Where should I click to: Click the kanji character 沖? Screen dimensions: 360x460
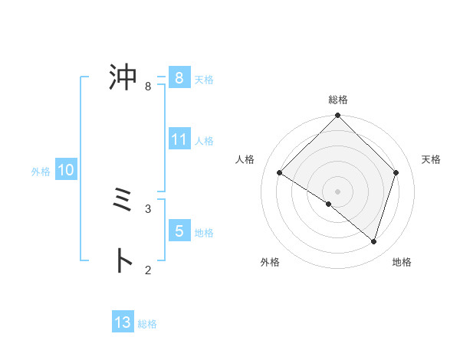coord(123,77)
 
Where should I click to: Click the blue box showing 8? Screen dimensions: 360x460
coord(179,78)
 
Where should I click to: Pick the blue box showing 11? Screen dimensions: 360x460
coord(179,139)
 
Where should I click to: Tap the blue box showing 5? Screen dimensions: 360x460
coord(179,231)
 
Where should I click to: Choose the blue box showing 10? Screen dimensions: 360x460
coord(65,171)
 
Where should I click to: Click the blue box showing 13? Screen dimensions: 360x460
coord(123,322)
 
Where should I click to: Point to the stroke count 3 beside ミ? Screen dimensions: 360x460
coord(148,208)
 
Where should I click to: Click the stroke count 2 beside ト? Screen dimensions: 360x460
coord(148,270)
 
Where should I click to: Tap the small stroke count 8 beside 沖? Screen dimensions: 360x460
coord(148,87)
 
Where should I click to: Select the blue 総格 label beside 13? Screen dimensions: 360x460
coord(147,324)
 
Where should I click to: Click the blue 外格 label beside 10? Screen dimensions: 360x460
coord(41,172)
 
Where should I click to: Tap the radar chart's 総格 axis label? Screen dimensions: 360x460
coord(338,100)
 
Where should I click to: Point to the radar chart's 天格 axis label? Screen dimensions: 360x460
coord(432,159)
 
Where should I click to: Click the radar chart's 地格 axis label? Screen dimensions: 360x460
coord(402,262)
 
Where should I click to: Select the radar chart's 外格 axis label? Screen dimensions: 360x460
coord(270,262)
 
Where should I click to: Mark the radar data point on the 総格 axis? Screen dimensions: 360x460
coord(338,116)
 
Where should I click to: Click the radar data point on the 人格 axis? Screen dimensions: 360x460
coord(280,173)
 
